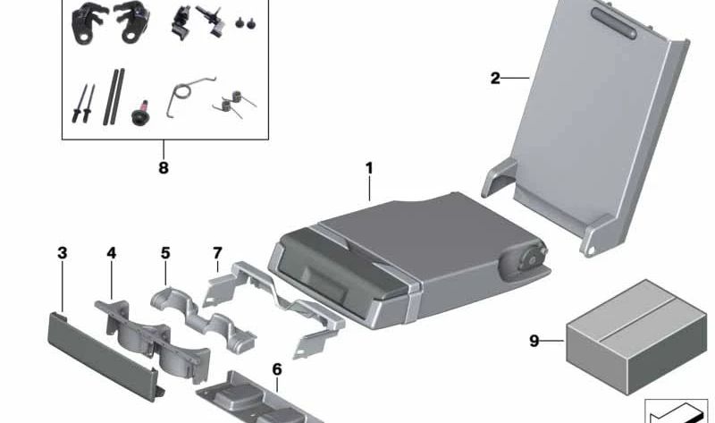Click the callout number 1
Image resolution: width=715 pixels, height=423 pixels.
click(x=368, y=167)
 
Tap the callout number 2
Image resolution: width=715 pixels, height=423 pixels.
click(x=495, y=78)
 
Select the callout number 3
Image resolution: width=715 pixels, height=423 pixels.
click(x=62, y=253)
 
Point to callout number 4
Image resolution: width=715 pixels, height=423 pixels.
click(x=111, y=253)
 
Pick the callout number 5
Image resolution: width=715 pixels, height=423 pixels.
click(x=165, y=253)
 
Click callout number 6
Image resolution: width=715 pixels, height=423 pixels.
click(x=276, y=368)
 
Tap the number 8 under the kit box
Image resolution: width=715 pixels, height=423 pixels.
click(x=163, y=166)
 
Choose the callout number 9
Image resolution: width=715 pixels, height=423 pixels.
click(x=534, y=340)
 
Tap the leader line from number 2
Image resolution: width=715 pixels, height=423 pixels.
click(x=517, y=79)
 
